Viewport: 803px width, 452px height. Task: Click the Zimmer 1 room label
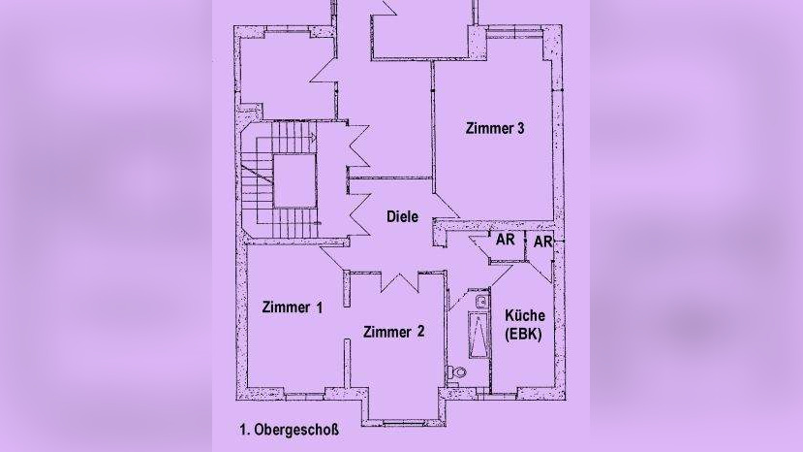click(x=292, y=307)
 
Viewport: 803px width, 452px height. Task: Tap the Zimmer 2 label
click(x=393, y=332)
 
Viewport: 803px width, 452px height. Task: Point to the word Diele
click(x=402, y=216)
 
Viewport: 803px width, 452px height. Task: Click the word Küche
click(x=524, y=316)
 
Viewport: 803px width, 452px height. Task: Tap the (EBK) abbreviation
click(x=524, y=335)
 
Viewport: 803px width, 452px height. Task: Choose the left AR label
click(x=506, y=240)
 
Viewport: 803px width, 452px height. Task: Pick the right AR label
click(x=542, y=241)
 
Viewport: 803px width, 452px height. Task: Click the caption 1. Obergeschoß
click(x=289, y=428)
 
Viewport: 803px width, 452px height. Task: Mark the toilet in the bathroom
click(x=458, y=372)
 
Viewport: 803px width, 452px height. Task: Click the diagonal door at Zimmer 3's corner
click(x=447, y=206)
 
